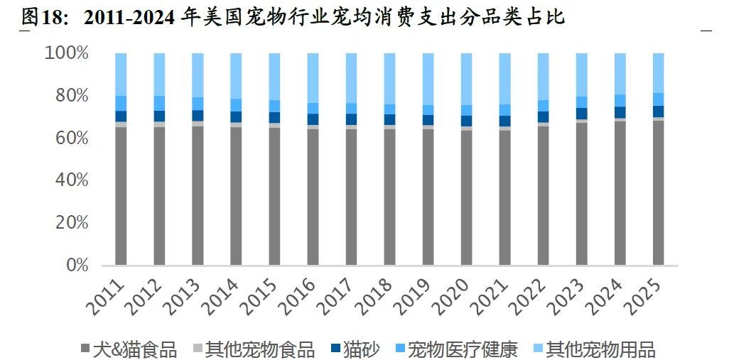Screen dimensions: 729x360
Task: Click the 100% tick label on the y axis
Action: coord(67,53)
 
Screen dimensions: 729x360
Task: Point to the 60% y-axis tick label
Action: coord(72,138)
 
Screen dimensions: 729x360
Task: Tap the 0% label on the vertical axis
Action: coord(76,266)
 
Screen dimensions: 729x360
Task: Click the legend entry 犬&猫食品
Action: coord(129,349)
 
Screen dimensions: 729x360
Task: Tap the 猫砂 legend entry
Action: coord(355,349)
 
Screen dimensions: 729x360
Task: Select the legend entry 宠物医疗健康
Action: coord(456,349)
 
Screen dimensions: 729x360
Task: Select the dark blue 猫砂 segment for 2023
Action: coord(582,114)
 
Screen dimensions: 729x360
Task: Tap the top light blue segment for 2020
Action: coord(466,79)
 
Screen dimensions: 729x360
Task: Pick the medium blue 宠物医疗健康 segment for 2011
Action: coord(121,103)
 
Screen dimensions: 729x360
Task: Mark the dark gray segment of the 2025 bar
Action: coord(659,192)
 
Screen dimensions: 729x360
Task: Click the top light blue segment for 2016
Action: coord(313,78)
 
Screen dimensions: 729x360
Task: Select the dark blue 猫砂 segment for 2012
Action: coord(159,116)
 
